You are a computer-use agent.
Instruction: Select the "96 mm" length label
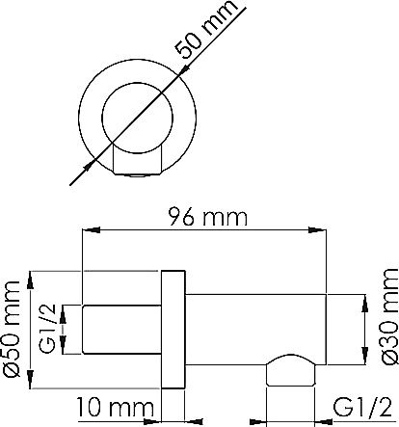(208, 217)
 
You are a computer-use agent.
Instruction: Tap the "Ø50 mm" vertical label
(12, 329)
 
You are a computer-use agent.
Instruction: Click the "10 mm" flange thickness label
(115, 408)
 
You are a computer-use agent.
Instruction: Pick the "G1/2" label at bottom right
(362, 408)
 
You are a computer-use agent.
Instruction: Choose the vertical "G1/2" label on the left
(48, 329)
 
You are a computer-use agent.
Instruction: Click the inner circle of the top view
(137, 118)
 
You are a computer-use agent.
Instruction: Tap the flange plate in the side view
(173, 330)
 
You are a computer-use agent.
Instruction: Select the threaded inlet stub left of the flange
(121, 330)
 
